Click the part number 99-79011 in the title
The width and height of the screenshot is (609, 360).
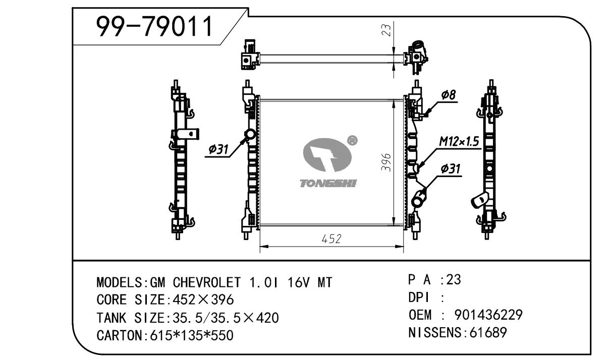pos(155,27)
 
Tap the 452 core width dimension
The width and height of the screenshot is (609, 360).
pos(331,238)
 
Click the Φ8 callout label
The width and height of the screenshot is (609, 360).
pos(448,95)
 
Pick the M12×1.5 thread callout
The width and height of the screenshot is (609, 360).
pos(459,142)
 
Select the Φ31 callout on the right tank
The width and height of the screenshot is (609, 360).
pos(451,169)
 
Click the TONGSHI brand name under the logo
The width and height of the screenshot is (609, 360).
pos(328,184)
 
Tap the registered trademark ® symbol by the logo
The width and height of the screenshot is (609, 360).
pos(353,141)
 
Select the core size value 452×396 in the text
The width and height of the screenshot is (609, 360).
pos(203,300)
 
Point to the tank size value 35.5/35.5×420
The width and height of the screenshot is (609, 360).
pos(226,318)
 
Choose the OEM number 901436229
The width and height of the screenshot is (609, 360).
pos(488,315)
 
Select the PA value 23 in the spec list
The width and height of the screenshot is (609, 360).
pos(454,280)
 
